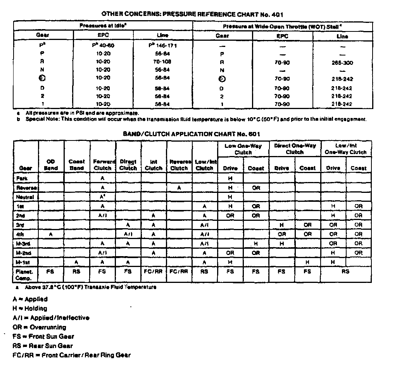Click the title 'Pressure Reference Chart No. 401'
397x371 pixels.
192,14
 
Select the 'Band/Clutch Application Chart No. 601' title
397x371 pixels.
192,134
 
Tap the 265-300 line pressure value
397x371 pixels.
342,62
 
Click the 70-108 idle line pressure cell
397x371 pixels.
162,62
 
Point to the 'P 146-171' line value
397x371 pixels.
162,45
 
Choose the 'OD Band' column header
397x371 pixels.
51,165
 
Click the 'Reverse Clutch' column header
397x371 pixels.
179,165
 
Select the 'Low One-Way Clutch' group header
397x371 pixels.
243,149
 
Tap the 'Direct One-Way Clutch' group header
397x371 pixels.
295,149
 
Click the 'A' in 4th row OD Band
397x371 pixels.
51,234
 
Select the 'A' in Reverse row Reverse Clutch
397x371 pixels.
179,187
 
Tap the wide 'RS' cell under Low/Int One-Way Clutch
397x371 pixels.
345,272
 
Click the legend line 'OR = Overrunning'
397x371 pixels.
39,327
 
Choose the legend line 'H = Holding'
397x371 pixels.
30,309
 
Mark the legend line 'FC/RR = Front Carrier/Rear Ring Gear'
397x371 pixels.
71,355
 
